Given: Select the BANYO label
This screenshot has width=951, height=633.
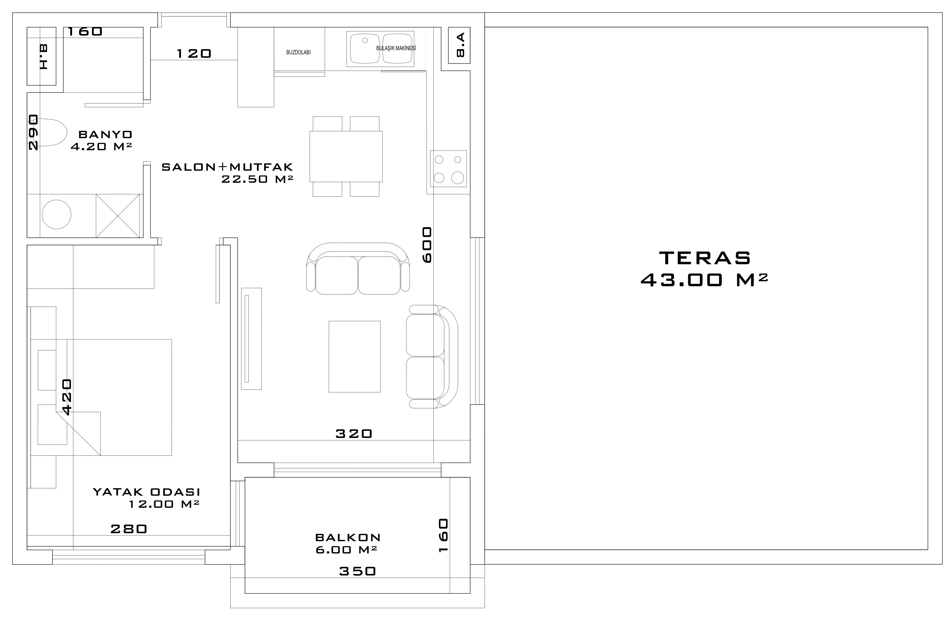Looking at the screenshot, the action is [105, 134].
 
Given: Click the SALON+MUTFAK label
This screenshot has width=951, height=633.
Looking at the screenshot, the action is [227, 167].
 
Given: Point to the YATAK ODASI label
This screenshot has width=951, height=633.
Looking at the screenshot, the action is [147, 492].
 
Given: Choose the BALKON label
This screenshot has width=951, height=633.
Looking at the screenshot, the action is [348, 537].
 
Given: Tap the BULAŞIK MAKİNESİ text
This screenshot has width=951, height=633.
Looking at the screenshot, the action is [396, 48].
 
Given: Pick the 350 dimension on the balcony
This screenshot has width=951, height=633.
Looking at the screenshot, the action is [358, 571].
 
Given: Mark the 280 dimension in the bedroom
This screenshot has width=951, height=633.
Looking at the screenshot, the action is [129, 529].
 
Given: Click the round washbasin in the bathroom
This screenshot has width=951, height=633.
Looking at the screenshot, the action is [57, 214].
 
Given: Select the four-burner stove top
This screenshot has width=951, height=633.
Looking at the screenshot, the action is [448, 169].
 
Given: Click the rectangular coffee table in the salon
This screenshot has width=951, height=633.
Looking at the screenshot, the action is [354, 356].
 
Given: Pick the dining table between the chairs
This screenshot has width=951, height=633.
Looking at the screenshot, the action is [346, 156].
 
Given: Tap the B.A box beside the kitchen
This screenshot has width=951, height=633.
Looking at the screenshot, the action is [459, 45].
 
